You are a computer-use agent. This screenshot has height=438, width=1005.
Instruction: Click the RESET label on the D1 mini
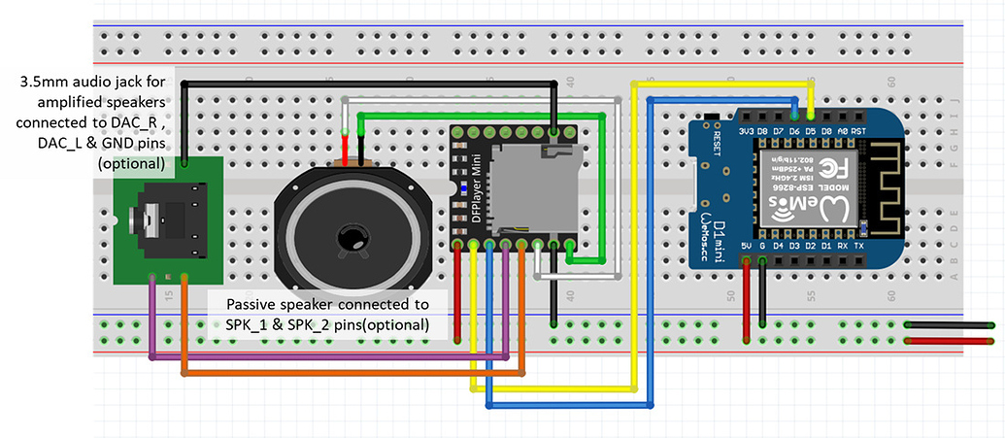point(717,144)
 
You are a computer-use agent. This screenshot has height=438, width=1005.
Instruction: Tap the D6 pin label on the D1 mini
point(793,129)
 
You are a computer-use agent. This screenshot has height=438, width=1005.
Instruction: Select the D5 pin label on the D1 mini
point(810,129)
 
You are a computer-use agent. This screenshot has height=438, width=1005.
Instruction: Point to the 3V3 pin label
point(746,129)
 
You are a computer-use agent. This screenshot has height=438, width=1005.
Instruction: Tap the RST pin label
point(858,129)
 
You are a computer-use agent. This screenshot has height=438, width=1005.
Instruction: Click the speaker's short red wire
point(362,150)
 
